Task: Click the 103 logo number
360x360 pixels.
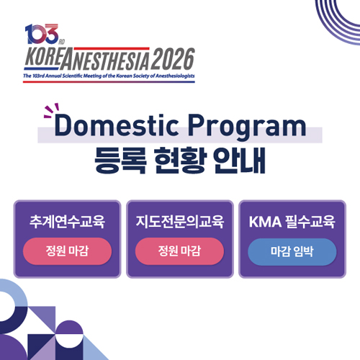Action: pyautogui.click(x=42, y=34)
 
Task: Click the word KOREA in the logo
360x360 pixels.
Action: pyautogui.click(x=44, y=56)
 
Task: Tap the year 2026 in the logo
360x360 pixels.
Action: pyautogui.click(x=173, y=59)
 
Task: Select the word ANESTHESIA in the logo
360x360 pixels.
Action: pyautogui.click(x=106, y=59)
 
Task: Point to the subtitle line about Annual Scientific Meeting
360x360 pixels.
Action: pyautogui.click(x=109, y=76)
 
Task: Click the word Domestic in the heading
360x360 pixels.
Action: pyautogui.click(x=117, y=125)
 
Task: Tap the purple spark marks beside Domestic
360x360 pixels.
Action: pyautogui.click(x=51, y=110)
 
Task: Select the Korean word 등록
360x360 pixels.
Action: pyautogui.click(x=120, y=161)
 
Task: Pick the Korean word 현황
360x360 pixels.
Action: pyautogui.click(x=180, y=161)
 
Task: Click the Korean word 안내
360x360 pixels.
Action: pyautogui.click(x=240, y=161)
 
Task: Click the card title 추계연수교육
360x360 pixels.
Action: pyautogui.click(x=67, y=222)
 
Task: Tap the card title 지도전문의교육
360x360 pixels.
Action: pyautogui.click(x=180, y=222)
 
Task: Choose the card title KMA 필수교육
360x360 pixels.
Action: pyautogui.click(x=292, y=222)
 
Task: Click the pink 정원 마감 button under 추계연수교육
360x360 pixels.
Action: pyautogui.click(x=67, y=251)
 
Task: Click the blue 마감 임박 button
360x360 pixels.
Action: pyautogui.click(x=292, y=252)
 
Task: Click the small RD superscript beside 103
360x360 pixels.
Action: pyautogui.click(x=62, y=42)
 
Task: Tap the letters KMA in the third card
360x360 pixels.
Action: pyautogui.click(x=265, y=222)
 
